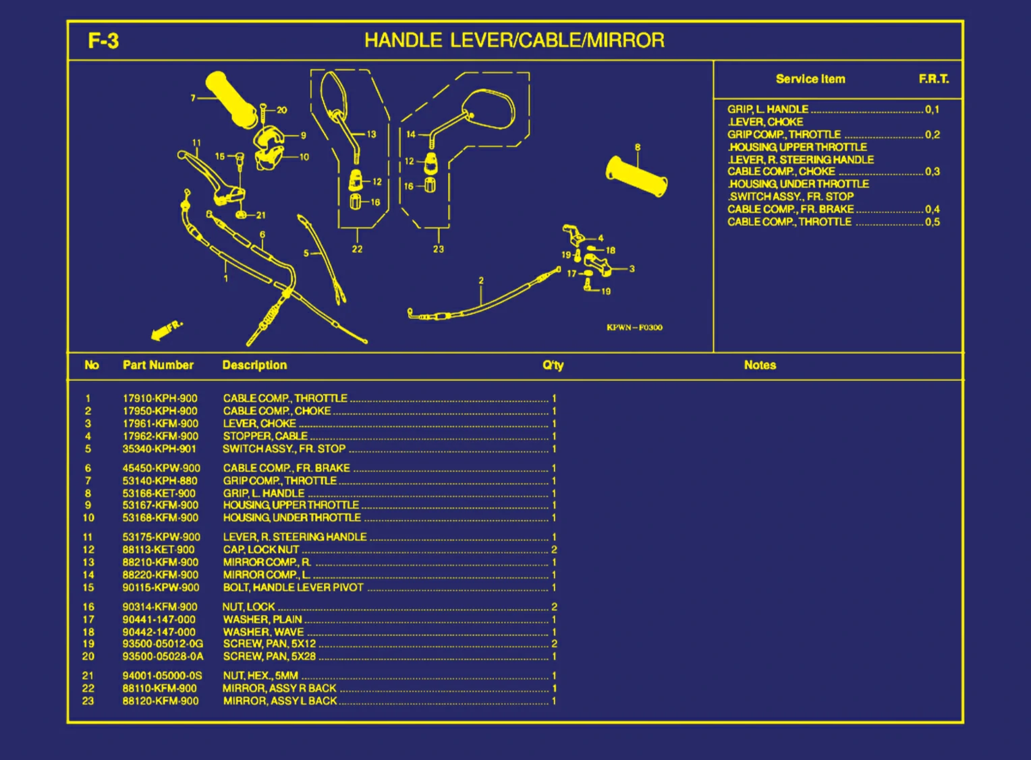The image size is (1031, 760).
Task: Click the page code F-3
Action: coord(103,41)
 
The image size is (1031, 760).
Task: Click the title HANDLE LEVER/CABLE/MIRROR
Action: coord(514,40)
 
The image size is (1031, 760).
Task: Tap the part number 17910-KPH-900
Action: coord(160,399)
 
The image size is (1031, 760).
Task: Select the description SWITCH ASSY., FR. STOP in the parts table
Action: coord(284,449)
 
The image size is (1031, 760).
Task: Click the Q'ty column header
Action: coord(553,365)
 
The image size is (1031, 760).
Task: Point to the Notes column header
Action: coord(760,365)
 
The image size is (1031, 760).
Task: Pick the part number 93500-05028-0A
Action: coord(163,657)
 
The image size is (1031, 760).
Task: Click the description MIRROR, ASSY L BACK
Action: coord(280,701)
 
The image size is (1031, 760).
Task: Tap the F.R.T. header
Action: coord(933,79)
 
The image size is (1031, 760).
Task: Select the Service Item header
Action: coord(810,79)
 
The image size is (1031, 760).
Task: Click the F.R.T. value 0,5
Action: coord(932,222)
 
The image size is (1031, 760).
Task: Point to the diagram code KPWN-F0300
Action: coord(634,328)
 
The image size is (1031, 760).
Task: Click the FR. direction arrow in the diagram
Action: coord(165,330)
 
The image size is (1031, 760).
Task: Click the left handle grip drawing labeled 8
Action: coord(636,177)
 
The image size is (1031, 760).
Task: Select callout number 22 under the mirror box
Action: coord(357,250)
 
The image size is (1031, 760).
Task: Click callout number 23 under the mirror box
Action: coord(439,250)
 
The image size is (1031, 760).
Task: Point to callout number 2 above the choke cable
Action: coord(481,281)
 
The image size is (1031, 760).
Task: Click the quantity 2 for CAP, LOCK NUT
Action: coord(554,550)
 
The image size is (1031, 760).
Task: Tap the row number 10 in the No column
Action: coord(88,518)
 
